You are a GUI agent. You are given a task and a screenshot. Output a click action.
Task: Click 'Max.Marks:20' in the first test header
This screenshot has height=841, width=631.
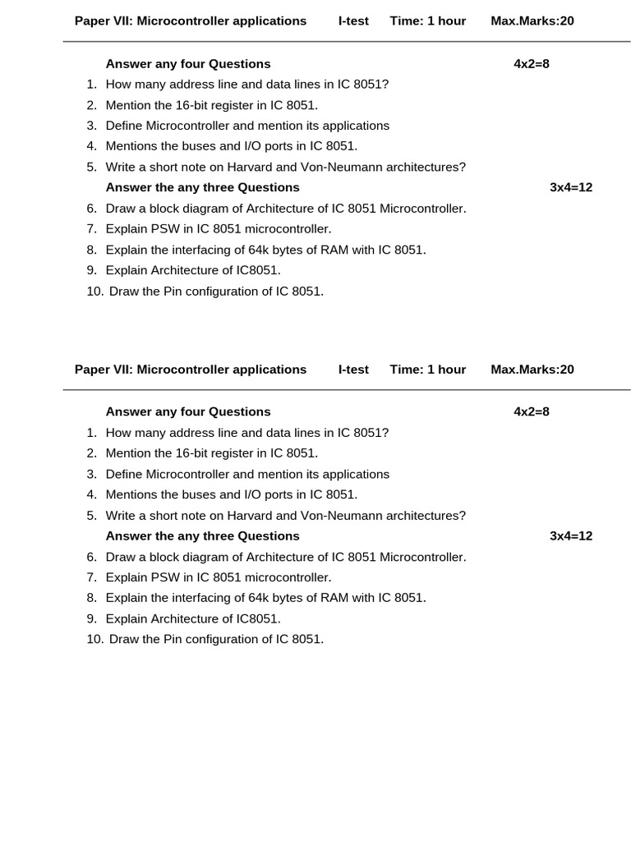(532, 21)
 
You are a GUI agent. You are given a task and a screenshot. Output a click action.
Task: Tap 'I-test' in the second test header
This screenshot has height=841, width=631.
(353, 370)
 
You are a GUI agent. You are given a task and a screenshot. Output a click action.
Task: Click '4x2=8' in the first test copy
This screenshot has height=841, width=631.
(532, 63)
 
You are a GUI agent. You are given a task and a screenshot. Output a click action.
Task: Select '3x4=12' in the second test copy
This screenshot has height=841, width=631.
(571, 536)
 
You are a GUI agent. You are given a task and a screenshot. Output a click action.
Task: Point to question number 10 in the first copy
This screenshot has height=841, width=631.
(95, 291)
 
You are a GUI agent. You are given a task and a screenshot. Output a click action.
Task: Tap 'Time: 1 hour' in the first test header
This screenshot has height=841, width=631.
(427, 21)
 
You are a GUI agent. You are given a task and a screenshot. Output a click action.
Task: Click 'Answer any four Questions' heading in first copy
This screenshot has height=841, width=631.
(188, 63)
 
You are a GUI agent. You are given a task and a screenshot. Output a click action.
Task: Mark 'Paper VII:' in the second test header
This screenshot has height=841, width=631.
(104, 370)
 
